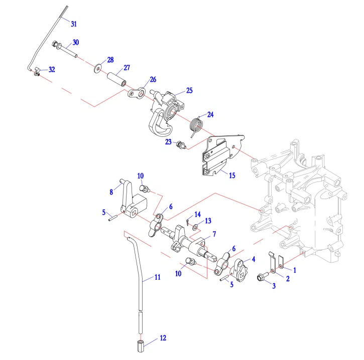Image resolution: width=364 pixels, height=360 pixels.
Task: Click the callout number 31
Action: click(74, 24)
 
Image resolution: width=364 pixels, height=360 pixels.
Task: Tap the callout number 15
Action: click(232, 175)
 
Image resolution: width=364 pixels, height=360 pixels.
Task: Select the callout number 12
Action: click(163, 338)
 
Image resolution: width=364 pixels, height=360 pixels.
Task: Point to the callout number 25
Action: click(189, 91)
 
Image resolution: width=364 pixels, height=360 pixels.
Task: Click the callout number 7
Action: click(214, 234)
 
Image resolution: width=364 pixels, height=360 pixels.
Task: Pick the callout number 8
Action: click(111, 191)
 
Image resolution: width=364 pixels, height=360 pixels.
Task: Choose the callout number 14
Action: click(198, 215)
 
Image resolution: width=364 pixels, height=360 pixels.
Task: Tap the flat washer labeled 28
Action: click(96, 66)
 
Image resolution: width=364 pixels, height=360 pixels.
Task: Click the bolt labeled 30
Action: click(64, 49)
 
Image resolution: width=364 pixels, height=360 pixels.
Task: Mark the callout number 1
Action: click(295, 270)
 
